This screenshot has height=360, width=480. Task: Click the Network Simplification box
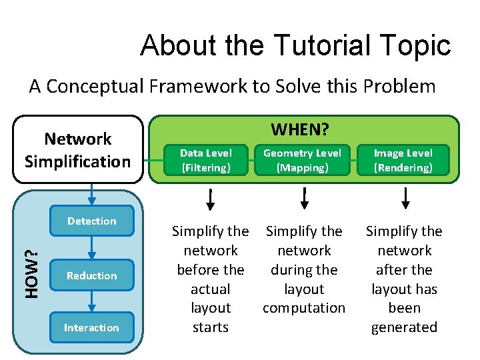tap(77, 150)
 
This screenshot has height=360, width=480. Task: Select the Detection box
tap(91, 221)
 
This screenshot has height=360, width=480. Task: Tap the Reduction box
tap(91, 276)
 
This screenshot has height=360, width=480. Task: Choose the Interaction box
tap(91, 327)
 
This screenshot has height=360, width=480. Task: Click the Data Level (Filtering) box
tap(206, 161)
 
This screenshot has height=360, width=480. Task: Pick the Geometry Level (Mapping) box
tap(303, 161)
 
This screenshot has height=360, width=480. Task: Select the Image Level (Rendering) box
tap(403, 161)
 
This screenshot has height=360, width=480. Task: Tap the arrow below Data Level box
tap(210, 199)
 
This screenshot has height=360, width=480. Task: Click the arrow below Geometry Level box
tap(304, 199)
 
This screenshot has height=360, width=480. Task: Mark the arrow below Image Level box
tap(405, 199)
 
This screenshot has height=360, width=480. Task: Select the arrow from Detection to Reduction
tap(92, 247)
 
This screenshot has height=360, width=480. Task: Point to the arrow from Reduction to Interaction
tap(92, 301)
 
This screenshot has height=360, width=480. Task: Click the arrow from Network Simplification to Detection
tap(92, 194)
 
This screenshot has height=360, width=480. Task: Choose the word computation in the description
tap(304, 308)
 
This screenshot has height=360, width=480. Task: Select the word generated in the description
tap(404, 327)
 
